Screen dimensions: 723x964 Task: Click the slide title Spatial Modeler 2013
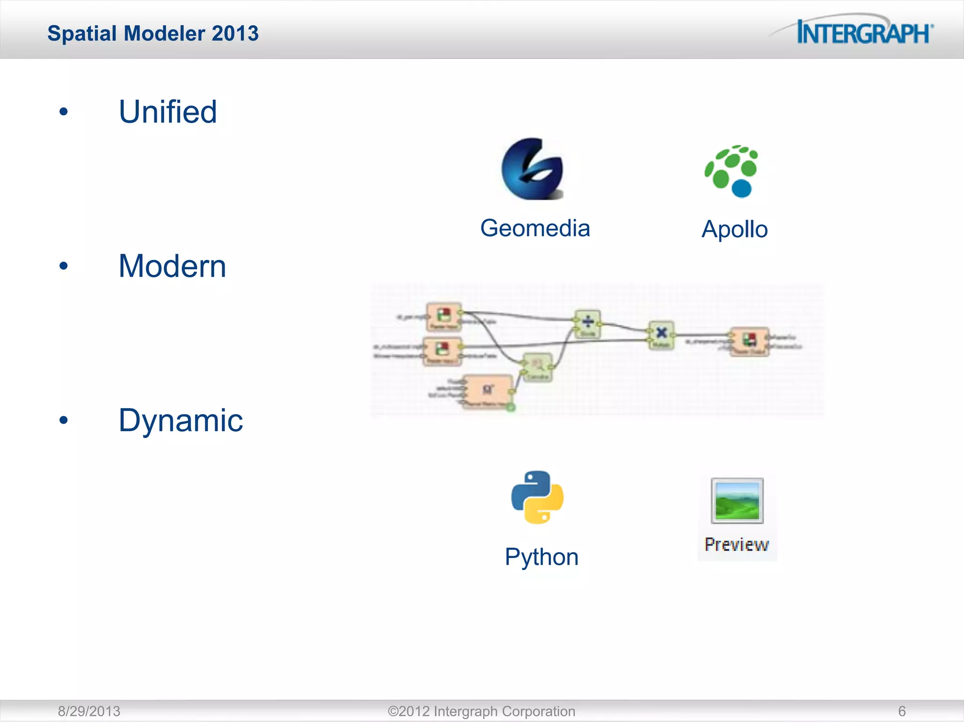153,33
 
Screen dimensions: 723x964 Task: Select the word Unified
168,112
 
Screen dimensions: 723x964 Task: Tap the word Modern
172,266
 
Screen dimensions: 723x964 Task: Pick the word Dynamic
181,420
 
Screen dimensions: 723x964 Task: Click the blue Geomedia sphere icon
532,169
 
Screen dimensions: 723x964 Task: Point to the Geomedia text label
535,229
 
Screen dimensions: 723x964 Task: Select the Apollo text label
734,230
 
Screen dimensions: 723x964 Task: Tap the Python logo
537,497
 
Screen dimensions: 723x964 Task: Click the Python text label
541,557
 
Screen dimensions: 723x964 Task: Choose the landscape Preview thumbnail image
737,501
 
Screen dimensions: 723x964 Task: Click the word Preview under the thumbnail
737,545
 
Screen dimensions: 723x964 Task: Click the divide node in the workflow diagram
587,323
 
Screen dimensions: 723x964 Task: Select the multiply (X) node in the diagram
661,334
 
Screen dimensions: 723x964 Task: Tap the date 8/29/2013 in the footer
89,711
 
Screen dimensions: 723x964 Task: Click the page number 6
901,711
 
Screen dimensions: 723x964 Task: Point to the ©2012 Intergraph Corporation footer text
481,711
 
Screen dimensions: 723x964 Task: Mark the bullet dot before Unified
64,112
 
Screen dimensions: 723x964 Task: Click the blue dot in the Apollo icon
742,188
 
